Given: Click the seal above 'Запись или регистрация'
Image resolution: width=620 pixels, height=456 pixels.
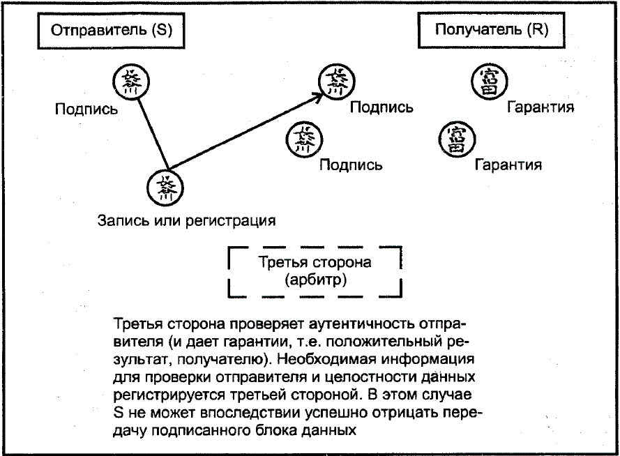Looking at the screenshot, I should pos(166,187).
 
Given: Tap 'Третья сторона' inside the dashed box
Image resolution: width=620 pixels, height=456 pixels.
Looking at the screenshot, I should pos(315,263).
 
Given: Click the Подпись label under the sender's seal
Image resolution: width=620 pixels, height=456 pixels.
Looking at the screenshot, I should pos(86,109).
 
